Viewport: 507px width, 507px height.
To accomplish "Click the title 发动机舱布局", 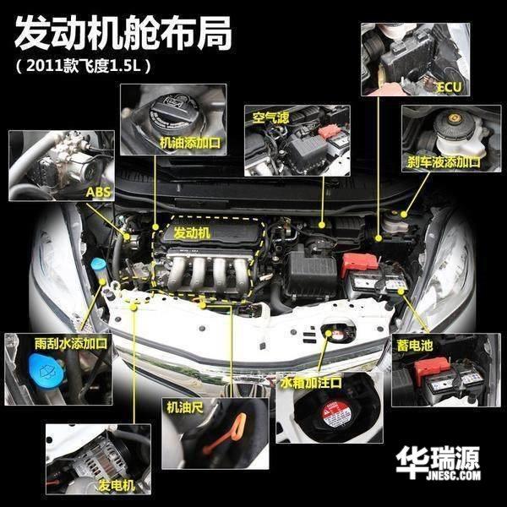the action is pyautogui.click(x=123, y=33).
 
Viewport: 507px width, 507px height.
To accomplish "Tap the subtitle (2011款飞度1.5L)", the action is pyautogui.click(x=84, y=66).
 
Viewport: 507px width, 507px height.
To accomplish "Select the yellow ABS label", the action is pyautogui.click(x=98, y=192).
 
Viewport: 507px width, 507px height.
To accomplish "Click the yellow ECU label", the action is pyautogui.click(x=449, y=87).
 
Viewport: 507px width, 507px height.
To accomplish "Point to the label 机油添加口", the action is pyautogui.click(x=190, y=143).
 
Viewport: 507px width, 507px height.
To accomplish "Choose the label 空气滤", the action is pyautogui.click(x=270, y=117).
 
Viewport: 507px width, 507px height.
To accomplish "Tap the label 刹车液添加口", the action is pyautogui.click(x=444, y=161).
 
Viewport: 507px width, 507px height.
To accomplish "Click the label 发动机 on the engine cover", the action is pyautogui.click(x=192, y=232).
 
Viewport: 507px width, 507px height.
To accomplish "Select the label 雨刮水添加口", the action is pyautogui.click(x=71, y=343).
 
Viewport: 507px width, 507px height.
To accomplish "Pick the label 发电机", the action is pyautogui.click(x=117, y=486).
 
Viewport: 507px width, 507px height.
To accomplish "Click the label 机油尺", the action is pyautogui.click(x=185, y=407).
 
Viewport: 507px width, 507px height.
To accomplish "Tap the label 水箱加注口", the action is pyautogui.click(x=311, y=383).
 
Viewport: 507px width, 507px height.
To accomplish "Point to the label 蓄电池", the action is pyautogui.click(x=415, y=346).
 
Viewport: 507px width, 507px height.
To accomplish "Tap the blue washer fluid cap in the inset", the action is pyautogui.click(x=46, y=371).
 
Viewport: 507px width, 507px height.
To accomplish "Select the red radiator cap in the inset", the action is pyautogui.click(x=335, y=415).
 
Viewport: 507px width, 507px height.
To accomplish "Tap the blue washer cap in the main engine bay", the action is pyautogui.click(x=99, y=264).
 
